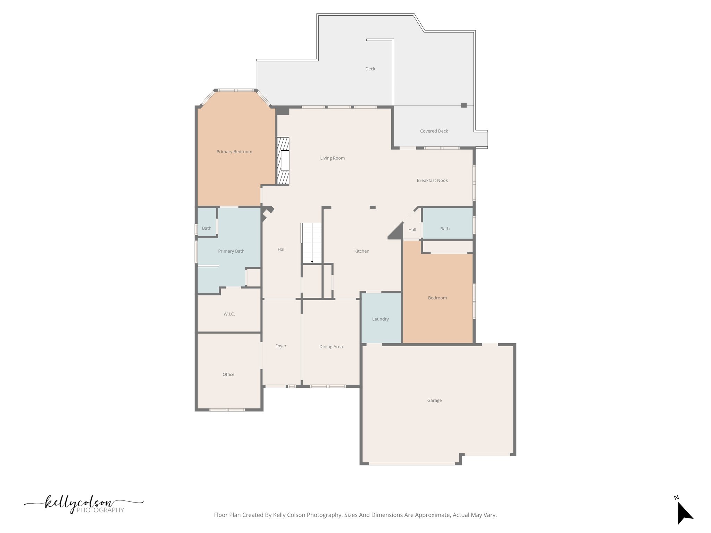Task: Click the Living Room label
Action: click(332, 158)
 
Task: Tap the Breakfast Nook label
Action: click(432, 180)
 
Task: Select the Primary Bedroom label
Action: click(234, 152)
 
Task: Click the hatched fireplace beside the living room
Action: click(283, 161)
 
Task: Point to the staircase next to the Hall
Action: click(311, 243)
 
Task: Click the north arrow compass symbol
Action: click(684, 513)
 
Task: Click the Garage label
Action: click(434, 400)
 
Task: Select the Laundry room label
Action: click(380, 319)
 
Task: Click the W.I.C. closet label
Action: click(229, 314)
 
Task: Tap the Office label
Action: click(228, 374)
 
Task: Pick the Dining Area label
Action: click(331, 347)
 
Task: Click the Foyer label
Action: click(281, 346)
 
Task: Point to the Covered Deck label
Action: click(434, 131)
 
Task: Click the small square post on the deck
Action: click(464, 105)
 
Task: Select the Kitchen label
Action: click(362, 251)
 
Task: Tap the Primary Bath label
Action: click(231, 251)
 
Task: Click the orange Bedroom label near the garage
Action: click(437, 298)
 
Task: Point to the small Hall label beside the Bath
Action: click(412, 230)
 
